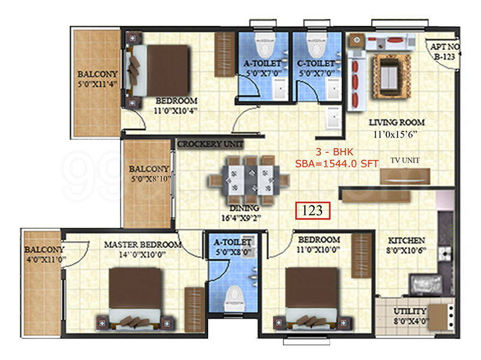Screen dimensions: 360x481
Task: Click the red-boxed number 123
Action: pyautogui.click(x=312, y=211)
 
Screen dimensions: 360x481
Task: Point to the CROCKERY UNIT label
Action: pyautogui.click(x=210, y=145)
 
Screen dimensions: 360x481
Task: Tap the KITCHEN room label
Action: pyautogui.click(x=407, y=240)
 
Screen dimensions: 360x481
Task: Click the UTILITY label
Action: pyautogui.click(x=410, y=311)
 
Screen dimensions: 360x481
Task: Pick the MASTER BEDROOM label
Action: pyautogui.click(x=142, y=245)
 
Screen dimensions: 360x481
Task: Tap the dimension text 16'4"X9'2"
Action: pyautogui.click(x=242, y=218)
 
